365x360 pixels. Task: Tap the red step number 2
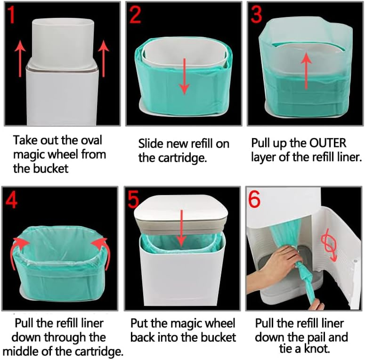[x=135, y=17]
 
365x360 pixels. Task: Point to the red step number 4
[x=12, y=200]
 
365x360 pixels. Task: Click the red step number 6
[x=255, y=201]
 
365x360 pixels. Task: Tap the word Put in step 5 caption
[x=140, y=324]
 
